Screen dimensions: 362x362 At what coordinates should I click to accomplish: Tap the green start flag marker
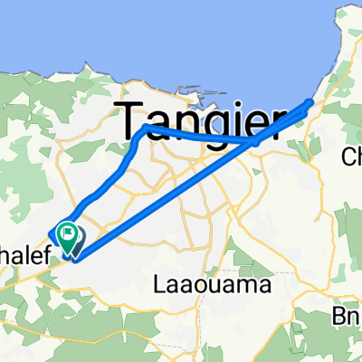coord(68,235)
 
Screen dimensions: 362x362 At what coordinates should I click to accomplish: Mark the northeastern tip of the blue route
coord(313,100)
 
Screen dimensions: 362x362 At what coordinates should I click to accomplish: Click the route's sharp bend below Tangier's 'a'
coord(147,129)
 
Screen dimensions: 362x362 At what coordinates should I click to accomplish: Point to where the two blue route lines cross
coord(256,140)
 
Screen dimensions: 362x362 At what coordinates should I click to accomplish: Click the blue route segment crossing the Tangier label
coord(199,136)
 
